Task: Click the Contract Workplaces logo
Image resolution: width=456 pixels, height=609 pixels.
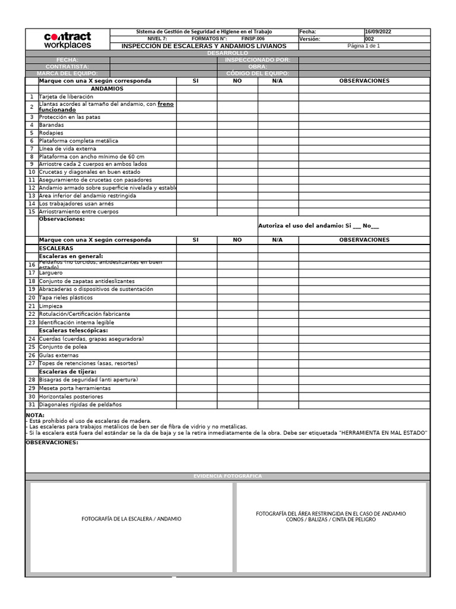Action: pyautogui.click(x=67, y=40)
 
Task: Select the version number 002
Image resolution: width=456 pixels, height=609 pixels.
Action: pyautogui.click(x=370, y=39)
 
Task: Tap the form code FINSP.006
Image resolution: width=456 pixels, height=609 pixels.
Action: pyautogui.click(x=253, y=39)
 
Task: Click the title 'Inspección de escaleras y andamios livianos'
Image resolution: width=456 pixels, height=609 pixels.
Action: pyautogui.click(x=204, y=46)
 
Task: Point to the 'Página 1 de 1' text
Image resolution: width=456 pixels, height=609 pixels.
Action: pyautogui.click(x=363, y=46)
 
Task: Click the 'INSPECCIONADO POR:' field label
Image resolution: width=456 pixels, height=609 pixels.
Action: pyautogui.click(x=257, y=60)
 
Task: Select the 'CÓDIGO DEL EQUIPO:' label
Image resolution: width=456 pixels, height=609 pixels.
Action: pyautogui.click(x=257, y=74)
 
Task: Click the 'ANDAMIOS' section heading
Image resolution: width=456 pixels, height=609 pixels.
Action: pyautogui.click(x=107, y=89)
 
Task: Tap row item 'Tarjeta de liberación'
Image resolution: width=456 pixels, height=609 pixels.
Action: pyautogui.click(x=66, y=96)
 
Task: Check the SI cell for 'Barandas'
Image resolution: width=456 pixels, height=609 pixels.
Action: pyautogui.click(x=196, y=125)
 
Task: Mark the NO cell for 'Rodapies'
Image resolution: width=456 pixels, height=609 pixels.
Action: pyautogui.click(x=237, y=133)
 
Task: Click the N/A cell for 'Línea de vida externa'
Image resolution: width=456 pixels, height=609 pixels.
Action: pyautogui.click(x=277, y=149)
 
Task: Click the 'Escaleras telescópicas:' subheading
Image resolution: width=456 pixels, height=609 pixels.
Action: pyautogui.click(x=74, y=330)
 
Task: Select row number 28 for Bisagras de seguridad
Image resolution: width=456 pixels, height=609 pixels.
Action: pyautogui.click(x=31, y=379)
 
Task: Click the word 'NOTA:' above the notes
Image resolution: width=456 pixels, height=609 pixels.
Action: pyautogui.click(x=35, y=415)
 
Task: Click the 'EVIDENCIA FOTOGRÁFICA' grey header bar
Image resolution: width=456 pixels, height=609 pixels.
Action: pyautogui.click(x=227, y=476)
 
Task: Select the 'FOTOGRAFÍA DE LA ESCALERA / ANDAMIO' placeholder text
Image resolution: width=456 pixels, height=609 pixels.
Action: pyautogui.click(x=131, y=519)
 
